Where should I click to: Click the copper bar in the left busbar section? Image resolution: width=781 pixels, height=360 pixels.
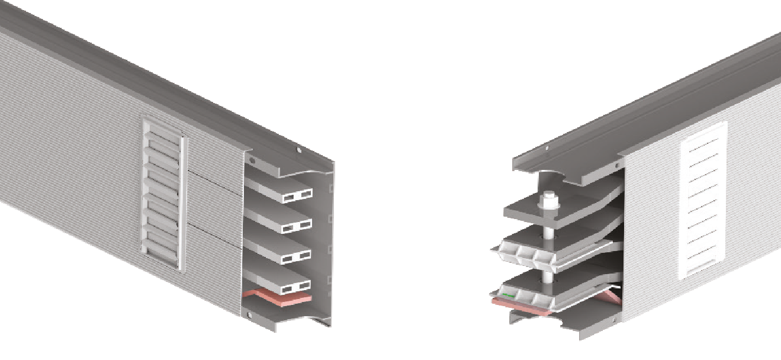(278, 297)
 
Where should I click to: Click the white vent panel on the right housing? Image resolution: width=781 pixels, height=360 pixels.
(703, 200)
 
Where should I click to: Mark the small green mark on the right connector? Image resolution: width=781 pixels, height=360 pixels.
(507, 294)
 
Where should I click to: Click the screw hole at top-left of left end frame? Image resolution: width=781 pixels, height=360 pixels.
(251, 160)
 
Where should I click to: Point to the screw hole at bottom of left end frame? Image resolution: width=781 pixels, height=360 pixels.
(249, 314)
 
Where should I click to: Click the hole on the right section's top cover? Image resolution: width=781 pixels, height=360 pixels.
(547, 149)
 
